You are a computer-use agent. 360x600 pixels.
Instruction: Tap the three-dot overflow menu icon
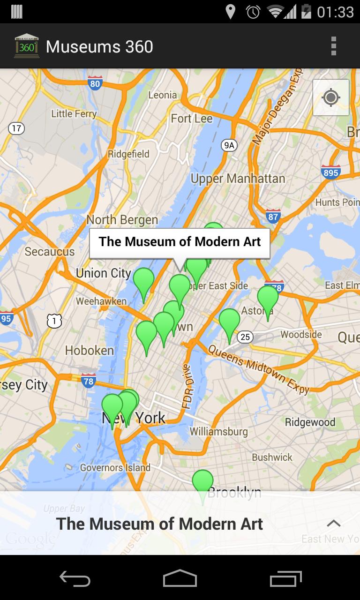tap(333, 46)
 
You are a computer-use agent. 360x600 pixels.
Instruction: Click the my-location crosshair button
tap(331, 97)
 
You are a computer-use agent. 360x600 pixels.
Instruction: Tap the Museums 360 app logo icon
tap(26, 46)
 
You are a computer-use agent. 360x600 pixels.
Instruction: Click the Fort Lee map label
tap(191, 119)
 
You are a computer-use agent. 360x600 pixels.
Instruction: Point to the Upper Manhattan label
tap(238, 179)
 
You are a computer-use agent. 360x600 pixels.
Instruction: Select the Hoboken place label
tap(89, 350)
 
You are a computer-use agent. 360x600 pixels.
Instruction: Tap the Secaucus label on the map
tap(49, 252)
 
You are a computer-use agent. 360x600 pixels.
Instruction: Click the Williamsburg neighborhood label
tap(218, 431)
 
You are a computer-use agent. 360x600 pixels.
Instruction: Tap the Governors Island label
tap(115, 467)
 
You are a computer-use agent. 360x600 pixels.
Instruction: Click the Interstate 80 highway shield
tap(95, 83)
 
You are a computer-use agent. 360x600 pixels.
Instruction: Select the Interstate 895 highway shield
tap(330, 172)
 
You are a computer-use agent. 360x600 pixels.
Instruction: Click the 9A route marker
tap(229, 145)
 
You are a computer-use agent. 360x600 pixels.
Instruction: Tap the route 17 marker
tap(16, 128)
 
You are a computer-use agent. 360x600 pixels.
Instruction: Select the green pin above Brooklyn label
tap(202, 481)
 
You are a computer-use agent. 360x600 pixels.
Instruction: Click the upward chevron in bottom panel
tap(333, 523)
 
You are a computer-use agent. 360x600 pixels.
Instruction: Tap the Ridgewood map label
tap(310, 422)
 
